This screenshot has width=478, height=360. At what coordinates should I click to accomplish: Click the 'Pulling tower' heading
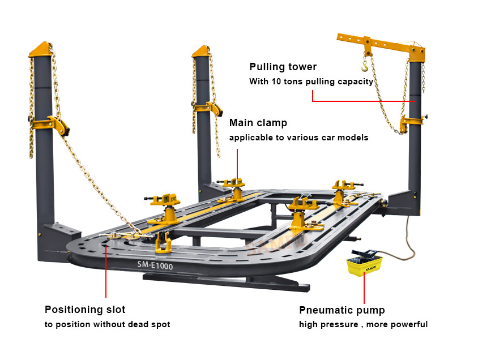click(x=283, y=67)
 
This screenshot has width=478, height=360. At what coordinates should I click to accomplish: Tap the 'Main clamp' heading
click(x=258, y=123)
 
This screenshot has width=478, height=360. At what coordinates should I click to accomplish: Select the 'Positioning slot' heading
click(x=85, y=310)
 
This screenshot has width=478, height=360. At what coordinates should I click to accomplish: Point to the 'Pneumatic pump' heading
click(x=342, y=310)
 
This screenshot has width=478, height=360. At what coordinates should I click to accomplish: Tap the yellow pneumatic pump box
click(x=364, y=264)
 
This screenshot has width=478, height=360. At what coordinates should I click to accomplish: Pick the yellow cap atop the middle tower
click(x=202, y=52)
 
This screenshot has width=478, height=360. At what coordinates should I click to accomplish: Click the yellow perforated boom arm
click(x=379, y=45)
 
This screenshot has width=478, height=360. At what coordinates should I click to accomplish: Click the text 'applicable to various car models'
click(x=298, y=138)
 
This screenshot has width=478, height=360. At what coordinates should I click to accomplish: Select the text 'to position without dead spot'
click(x=107, y=324)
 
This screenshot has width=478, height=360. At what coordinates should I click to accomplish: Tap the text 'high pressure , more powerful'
click(x=363, y=324)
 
